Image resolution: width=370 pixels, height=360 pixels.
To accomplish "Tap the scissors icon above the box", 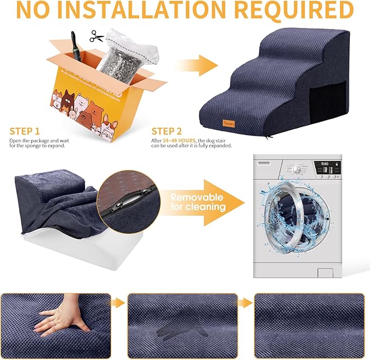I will click(x=97, y=36).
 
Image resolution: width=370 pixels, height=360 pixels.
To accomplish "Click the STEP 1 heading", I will click(x=25, y=131).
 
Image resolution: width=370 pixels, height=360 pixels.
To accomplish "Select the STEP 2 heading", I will click(x=167, y=131).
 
